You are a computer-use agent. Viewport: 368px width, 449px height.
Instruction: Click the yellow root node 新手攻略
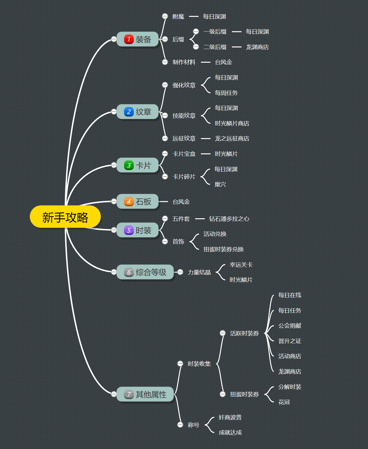(65, 217)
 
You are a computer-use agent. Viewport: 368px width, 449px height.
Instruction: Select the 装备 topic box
(137, 39)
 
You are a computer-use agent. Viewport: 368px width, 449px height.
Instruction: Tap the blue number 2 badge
(129, 112)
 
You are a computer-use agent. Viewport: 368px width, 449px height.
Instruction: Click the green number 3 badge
(129, 165)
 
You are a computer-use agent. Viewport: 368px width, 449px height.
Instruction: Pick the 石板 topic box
(137, 202)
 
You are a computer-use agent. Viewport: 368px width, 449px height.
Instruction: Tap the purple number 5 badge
(129, 230)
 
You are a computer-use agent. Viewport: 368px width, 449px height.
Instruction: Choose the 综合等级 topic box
(145, 272)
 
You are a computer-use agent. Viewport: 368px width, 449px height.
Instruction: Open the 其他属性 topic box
(145, 394)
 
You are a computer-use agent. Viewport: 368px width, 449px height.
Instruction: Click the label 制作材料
(184, 62)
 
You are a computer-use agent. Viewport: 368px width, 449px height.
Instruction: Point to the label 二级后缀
(215, 47)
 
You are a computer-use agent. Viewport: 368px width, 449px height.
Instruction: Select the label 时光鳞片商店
(232, 123)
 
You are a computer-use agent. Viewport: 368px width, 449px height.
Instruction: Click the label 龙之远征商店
(232, 138)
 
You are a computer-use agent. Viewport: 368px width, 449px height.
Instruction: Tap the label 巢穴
(220, 184)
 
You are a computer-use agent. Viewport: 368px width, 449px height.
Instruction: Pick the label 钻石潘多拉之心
(229, 219)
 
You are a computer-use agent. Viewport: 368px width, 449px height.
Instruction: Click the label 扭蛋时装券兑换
(223, 249)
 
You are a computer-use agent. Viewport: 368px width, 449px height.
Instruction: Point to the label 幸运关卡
(241, 265)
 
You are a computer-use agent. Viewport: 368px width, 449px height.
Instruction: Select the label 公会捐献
(290, 326)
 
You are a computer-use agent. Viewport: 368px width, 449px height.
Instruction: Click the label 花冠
(284, 402)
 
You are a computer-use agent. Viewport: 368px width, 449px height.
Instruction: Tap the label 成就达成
(230, 432)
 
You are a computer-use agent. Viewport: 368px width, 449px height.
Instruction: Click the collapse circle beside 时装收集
(180, 364)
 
